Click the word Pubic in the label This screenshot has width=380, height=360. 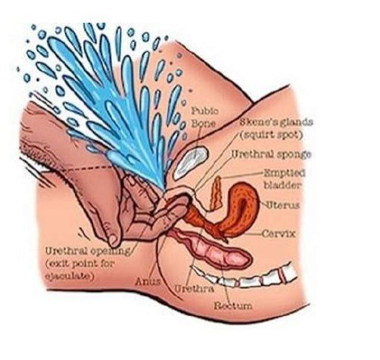click(205, 111)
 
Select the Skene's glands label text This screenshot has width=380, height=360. click(276, 123)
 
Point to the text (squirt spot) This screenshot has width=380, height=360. click(271, 135)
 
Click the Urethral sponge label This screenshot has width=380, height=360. click(271, 154)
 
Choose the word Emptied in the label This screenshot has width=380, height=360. click(285, 173)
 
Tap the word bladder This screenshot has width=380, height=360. click(282, 185)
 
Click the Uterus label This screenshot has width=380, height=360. click(283, 206)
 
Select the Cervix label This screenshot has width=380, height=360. click(279, 234)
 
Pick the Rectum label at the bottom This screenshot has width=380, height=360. click(233, 306)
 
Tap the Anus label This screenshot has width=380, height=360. click(148, 281)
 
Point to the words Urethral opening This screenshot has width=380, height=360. click(88, 251)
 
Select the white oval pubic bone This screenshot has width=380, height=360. click(191, 163)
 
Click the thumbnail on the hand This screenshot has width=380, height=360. click(113, 241)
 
